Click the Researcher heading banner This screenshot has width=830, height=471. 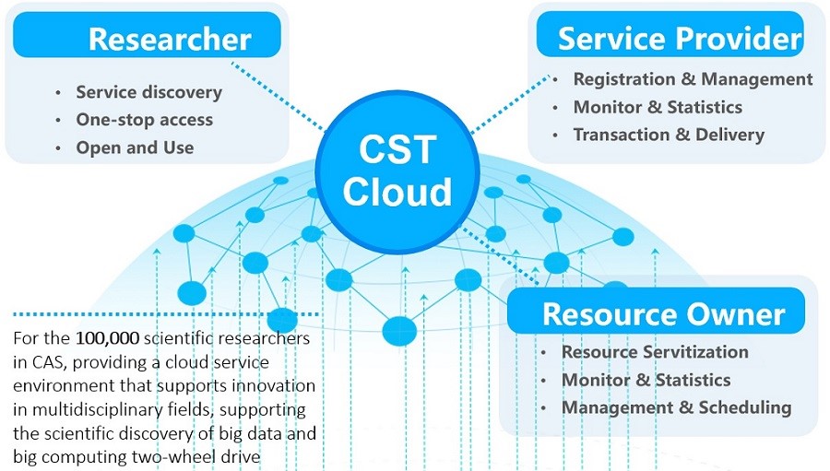(x=148, y=39)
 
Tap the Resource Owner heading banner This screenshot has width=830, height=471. (x=656, y=312)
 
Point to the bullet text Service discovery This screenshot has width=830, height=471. (x=148, y=92)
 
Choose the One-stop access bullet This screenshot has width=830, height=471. (x=144, y=120)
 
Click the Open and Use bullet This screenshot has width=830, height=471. (x=135, y=147)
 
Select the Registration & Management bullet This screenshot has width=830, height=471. (x=693, y=79)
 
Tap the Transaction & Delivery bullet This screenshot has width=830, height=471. (x=669, y=135)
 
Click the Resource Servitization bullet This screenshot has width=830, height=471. (x=655, y=352)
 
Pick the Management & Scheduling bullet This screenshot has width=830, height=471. (x=676, y=407)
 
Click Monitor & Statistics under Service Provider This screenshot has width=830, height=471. (x=658, y=107)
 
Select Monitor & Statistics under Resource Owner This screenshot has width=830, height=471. (x=646, y=380)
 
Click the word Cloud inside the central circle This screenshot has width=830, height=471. (x=397, y=192)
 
